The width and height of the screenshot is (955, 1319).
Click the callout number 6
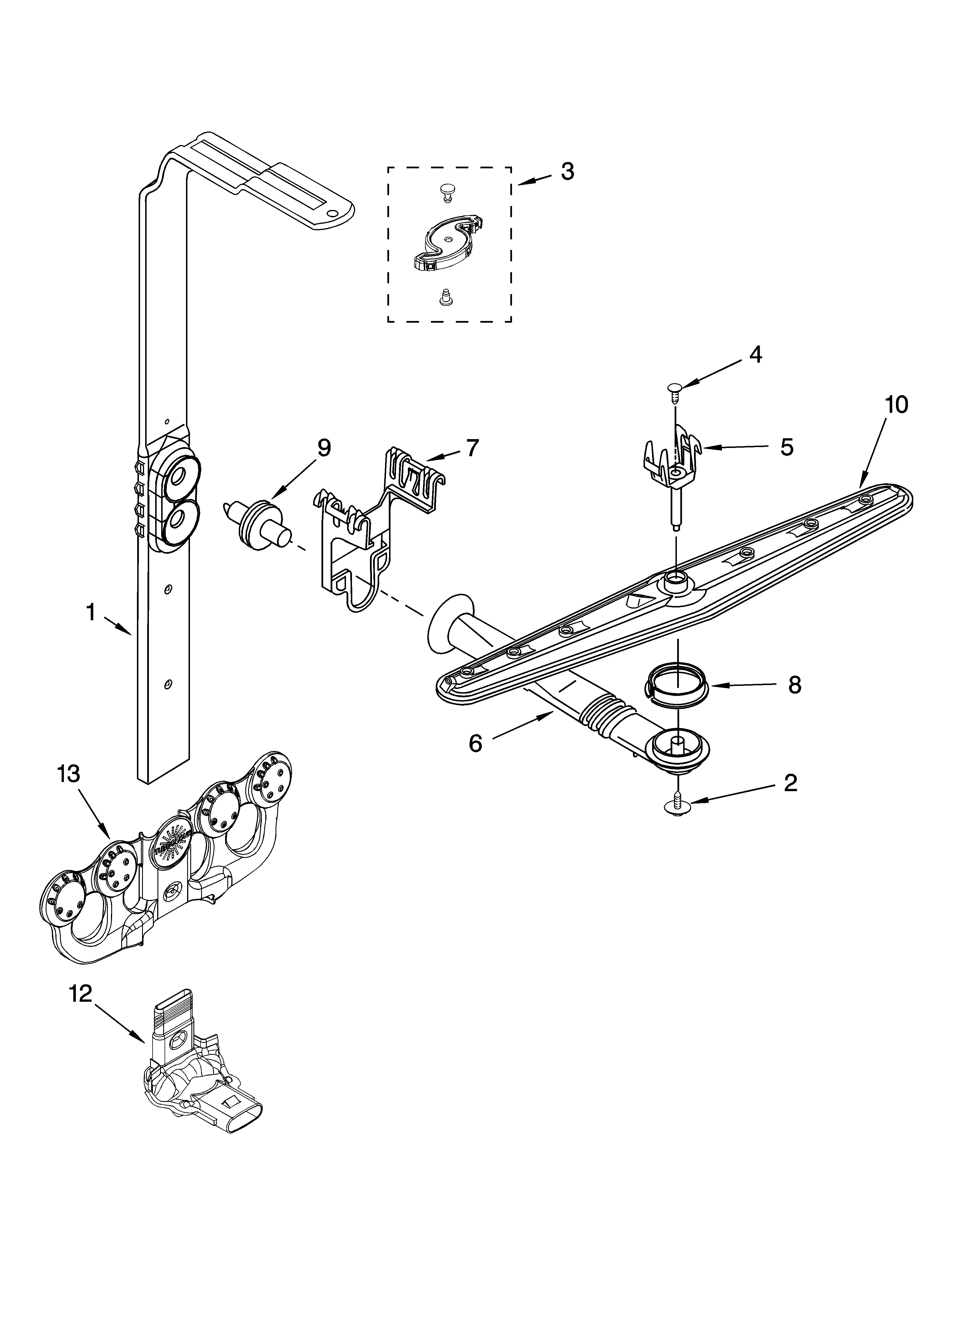476,743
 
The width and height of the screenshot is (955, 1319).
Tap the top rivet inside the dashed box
447,190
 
